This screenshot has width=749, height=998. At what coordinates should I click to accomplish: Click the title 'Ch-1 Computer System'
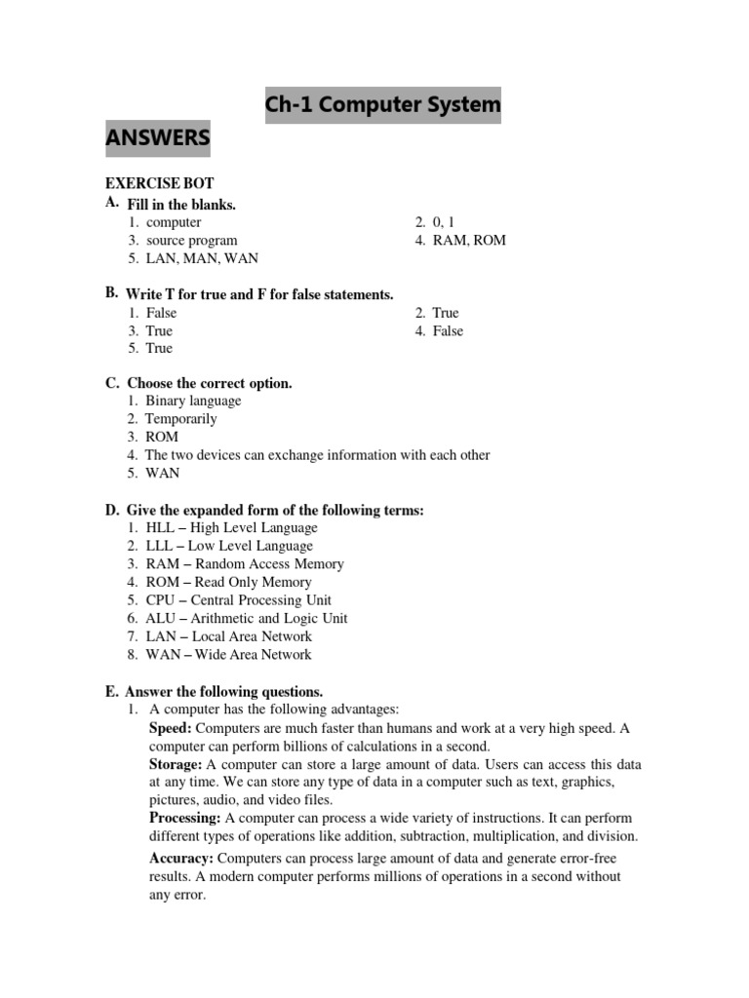[382, 104]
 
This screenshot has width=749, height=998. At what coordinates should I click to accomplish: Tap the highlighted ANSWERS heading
[158, 138]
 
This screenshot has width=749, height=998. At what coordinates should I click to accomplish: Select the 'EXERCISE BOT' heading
[159, 183]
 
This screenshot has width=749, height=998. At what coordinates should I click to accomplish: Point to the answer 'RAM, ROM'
[469, 240]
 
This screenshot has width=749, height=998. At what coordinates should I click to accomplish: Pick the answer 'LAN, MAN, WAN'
[202, 258]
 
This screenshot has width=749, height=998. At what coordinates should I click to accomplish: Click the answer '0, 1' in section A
[444, 222]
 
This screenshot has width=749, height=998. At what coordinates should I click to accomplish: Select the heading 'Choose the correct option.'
[209, 383]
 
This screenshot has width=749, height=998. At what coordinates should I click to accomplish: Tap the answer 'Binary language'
[193, 401]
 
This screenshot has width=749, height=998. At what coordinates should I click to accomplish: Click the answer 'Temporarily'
[181, 419]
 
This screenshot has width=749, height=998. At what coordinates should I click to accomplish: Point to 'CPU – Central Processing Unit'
[238, 600]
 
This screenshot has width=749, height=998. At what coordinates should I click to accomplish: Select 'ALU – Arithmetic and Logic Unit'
[246, 618]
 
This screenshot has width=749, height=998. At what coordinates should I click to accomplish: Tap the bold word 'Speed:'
[171, 728]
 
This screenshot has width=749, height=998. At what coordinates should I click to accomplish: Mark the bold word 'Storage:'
[176, 764]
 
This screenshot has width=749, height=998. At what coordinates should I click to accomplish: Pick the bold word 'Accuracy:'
[181, 859]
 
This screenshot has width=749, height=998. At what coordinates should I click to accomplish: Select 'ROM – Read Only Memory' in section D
[228, 582]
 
